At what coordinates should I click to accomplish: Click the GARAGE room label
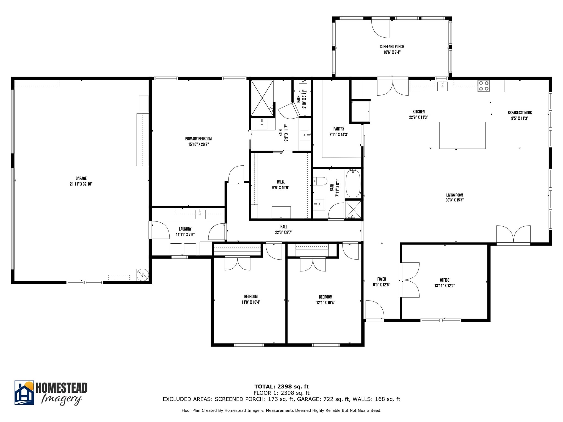click(x=81, y=179)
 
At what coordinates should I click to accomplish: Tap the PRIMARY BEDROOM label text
click(x=198, y=139)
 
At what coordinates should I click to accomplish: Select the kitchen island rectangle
click(x=462, y=135)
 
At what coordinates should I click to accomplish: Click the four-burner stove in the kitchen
click(x=483, y=86)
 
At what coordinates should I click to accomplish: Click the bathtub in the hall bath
click(x=353, y=183)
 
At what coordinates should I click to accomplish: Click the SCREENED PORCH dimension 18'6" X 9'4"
click(x=392, y=52)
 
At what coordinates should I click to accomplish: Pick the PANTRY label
click(x=339, y=129)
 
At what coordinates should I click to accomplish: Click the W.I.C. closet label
click(x=281, y=182)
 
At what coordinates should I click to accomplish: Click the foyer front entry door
click(x=375, y=310)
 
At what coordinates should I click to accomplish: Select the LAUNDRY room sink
click(x=200, y=214)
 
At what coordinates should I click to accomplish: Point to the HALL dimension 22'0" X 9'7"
click(x=284, y=232)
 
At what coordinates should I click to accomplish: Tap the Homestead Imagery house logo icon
click(x=24, y=393)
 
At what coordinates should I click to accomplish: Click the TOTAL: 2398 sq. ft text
click(x=281, y=387)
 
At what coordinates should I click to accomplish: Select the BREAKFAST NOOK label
click(x=520, y=113)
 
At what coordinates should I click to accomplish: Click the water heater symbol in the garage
click(x=143, y=274)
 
